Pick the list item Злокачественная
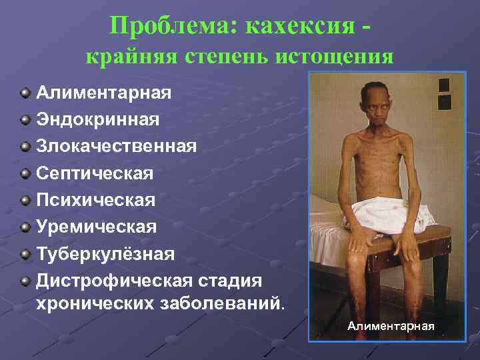[116, 146]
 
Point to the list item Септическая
[95, 173]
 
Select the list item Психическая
[95, 200]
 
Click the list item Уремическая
[96, 227]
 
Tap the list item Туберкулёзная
[105, 254]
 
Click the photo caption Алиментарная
[391, 326]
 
